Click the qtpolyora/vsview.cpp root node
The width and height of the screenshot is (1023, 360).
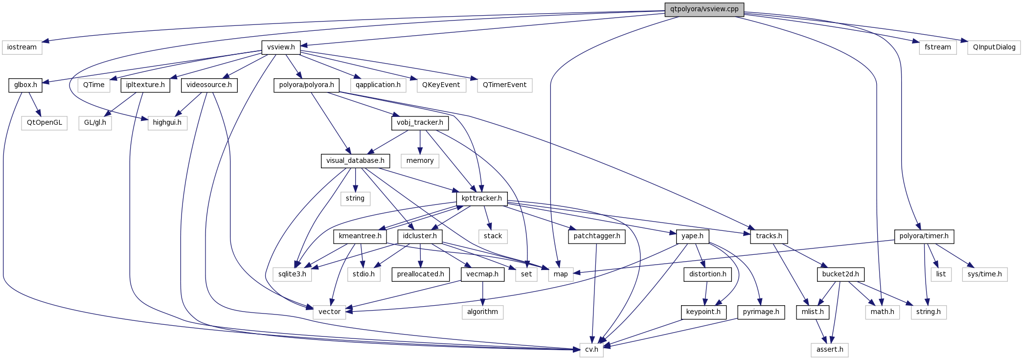(x=704, y=9)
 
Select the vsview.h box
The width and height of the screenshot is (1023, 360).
(x=281, y=47)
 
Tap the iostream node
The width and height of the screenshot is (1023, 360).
(x=22, y=47)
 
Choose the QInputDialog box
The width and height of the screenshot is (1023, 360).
(x=994, y=47)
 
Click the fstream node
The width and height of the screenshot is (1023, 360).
(x=937, y=47)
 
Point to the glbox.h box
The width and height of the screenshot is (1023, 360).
(x=25, y=85)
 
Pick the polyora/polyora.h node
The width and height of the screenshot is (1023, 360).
(x=306, y=85)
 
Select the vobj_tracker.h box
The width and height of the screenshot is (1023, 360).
(x=420, y=122)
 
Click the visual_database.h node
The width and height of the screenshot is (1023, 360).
(x=355, y=160)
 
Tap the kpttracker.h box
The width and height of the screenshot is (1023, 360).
(x=482, y=198)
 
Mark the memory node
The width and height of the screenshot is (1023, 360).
(x=420, y=160)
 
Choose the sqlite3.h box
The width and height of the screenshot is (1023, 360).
(x=292, y=274)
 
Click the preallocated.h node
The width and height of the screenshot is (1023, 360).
(x=420, y=274)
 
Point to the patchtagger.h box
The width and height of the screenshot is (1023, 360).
(x=596, y=236)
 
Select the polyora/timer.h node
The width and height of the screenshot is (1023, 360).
(x=924, y=236)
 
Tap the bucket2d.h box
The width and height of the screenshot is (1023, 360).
(x=840, y=274)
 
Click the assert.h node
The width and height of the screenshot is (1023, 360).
(x=830, y=349)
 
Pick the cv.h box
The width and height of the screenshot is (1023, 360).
(x=591, y=349)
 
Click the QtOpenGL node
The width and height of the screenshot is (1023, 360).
(x=44, y=122)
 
